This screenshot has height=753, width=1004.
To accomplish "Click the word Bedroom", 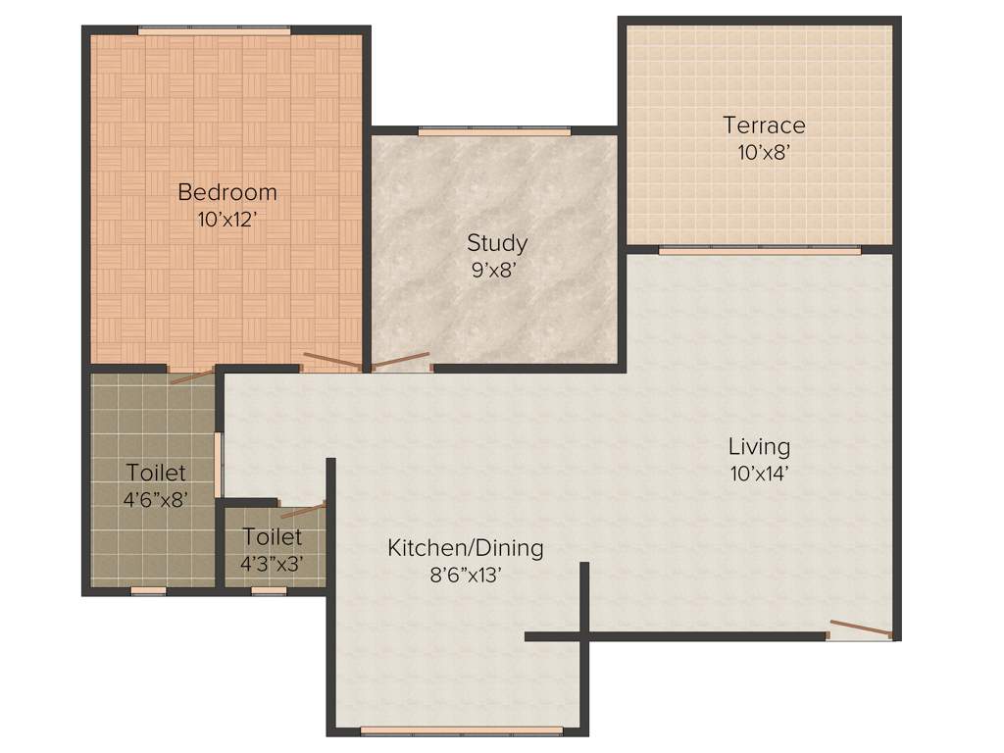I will tap(226, 192).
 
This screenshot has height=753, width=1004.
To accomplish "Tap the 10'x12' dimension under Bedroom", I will tap(226, 220).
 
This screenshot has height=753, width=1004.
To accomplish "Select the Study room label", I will tap(496, 242).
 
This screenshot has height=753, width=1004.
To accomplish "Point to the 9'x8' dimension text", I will tap(496, 270).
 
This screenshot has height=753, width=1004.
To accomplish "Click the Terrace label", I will tap(764, 125).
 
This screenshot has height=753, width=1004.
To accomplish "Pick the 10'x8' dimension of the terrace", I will tap(764, 153).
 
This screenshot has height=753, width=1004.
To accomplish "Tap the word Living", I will tap(759, 447).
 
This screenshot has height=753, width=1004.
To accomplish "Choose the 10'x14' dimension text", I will tap(759, 475).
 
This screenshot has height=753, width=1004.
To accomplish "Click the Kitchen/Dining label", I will tap(465, 547).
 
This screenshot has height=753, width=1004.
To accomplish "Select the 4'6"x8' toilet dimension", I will tap(155, 499).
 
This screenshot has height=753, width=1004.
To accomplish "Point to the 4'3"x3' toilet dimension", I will tap(272, 564).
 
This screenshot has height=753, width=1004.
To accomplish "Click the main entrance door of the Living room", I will tap(860, 629).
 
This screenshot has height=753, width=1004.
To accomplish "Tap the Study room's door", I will tap(401, 362).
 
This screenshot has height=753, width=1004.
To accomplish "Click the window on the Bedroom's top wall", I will tap(214, 31).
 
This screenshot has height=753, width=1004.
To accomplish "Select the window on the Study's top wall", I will tap(494, 131).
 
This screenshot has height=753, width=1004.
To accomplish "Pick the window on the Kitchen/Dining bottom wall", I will tap(461, 730).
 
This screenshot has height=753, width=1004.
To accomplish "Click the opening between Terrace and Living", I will tap(759, 250).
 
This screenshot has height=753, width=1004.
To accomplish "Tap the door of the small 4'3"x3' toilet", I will tap(302, 509).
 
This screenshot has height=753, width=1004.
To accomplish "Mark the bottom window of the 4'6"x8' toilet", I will tap(148, 591).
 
